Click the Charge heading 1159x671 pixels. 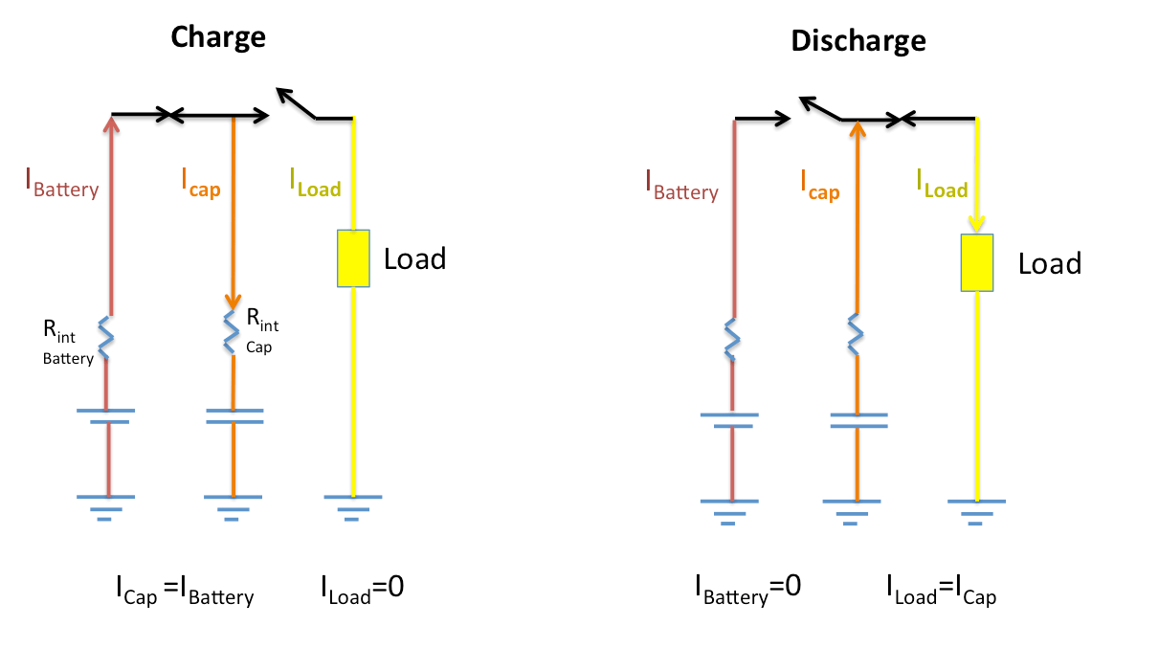tap(218, 37)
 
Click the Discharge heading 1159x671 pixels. tap(858, 41)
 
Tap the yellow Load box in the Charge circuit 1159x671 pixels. tap(353, 257)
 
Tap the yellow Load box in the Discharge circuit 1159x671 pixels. tap(977, 262)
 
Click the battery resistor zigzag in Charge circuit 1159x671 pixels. tap(106, 338)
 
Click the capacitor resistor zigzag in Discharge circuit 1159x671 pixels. tap(856, 336)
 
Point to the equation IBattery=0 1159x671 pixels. tap(747, 589)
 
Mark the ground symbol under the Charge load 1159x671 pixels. tap(352, 505)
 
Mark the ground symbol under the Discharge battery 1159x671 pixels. tap(729, 509)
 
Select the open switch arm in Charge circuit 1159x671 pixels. tap(297, 103)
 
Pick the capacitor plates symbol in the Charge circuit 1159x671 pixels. tap(234, 414)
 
